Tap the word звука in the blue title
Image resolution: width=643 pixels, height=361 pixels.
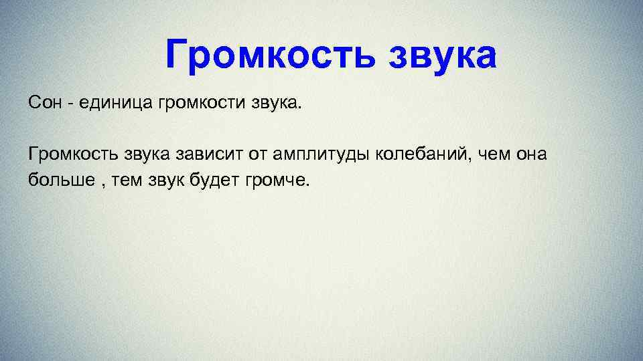(442, 55)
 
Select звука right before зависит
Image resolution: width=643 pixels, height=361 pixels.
(147, 155)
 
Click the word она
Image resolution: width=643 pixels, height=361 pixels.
(532, 155)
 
